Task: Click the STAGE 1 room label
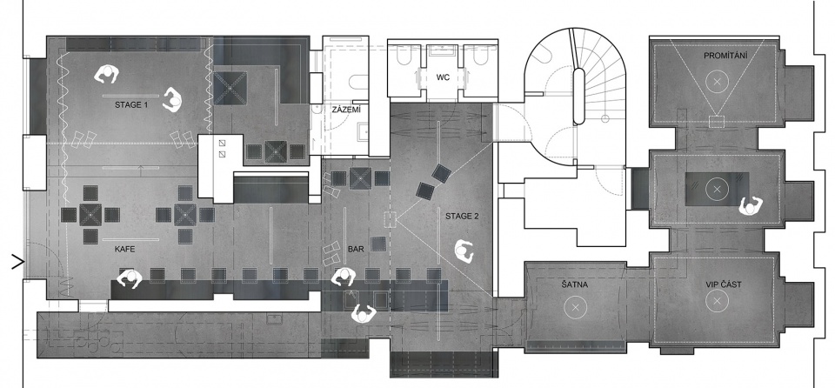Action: point(131,105)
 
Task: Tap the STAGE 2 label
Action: point(462,216)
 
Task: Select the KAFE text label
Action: point(124,249)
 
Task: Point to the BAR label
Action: point(356,249)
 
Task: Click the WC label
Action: point(443,77)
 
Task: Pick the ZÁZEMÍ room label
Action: point(346,110)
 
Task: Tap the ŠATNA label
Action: point(574,284)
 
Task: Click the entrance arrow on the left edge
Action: point(18,262)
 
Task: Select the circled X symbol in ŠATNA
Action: point(575,306)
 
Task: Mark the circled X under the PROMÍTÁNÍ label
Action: point(717,82)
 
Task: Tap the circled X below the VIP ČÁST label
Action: point(717,301)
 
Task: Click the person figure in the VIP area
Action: point(751,205)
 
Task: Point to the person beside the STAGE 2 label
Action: point(464,251)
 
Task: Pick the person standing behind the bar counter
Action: point(364,313)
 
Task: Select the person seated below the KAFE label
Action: point(130,278)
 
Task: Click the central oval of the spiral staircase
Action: point(579,96)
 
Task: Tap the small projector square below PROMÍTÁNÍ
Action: point(717,122)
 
